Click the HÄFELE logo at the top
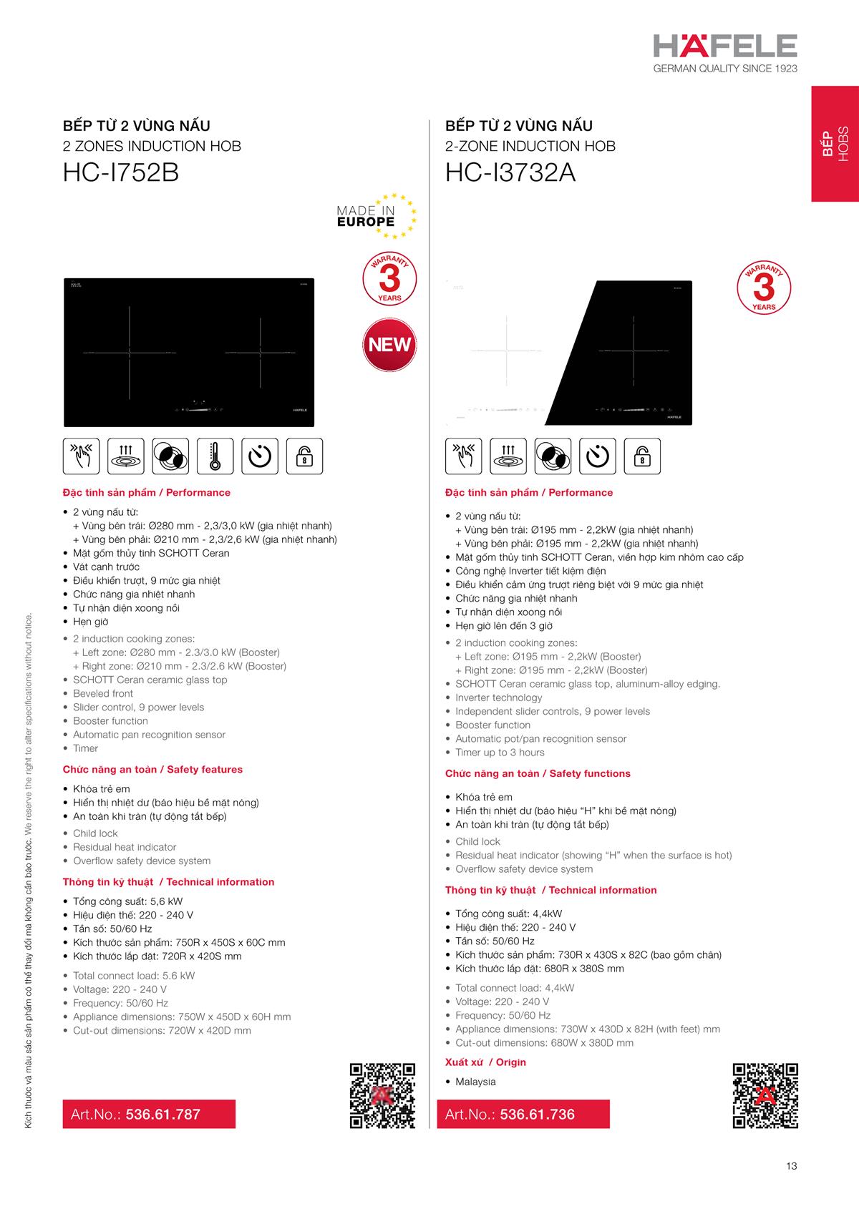(724, 46)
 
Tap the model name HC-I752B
(121, 173)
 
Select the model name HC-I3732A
(510, 173)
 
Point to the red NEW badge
(389, 345)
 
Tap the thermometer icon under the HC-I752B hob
(215, 456)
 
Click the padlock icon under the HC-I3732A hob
(642, 456)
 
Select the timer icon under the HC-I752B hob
(259, 456)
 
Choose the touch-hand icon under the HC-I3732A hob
(463, 456)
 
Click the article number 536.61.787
(162, 1114)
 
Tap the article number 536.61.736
(537, 1114)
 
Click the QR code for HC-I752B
(382, 1095)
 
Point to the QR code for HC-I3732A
(765, 1095)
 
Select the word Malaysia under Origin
(475, 1082)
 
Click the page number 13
(791, 1166)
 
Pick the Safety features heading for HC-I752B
(152, 770)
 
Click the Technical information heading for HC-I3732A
(550, 890)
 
